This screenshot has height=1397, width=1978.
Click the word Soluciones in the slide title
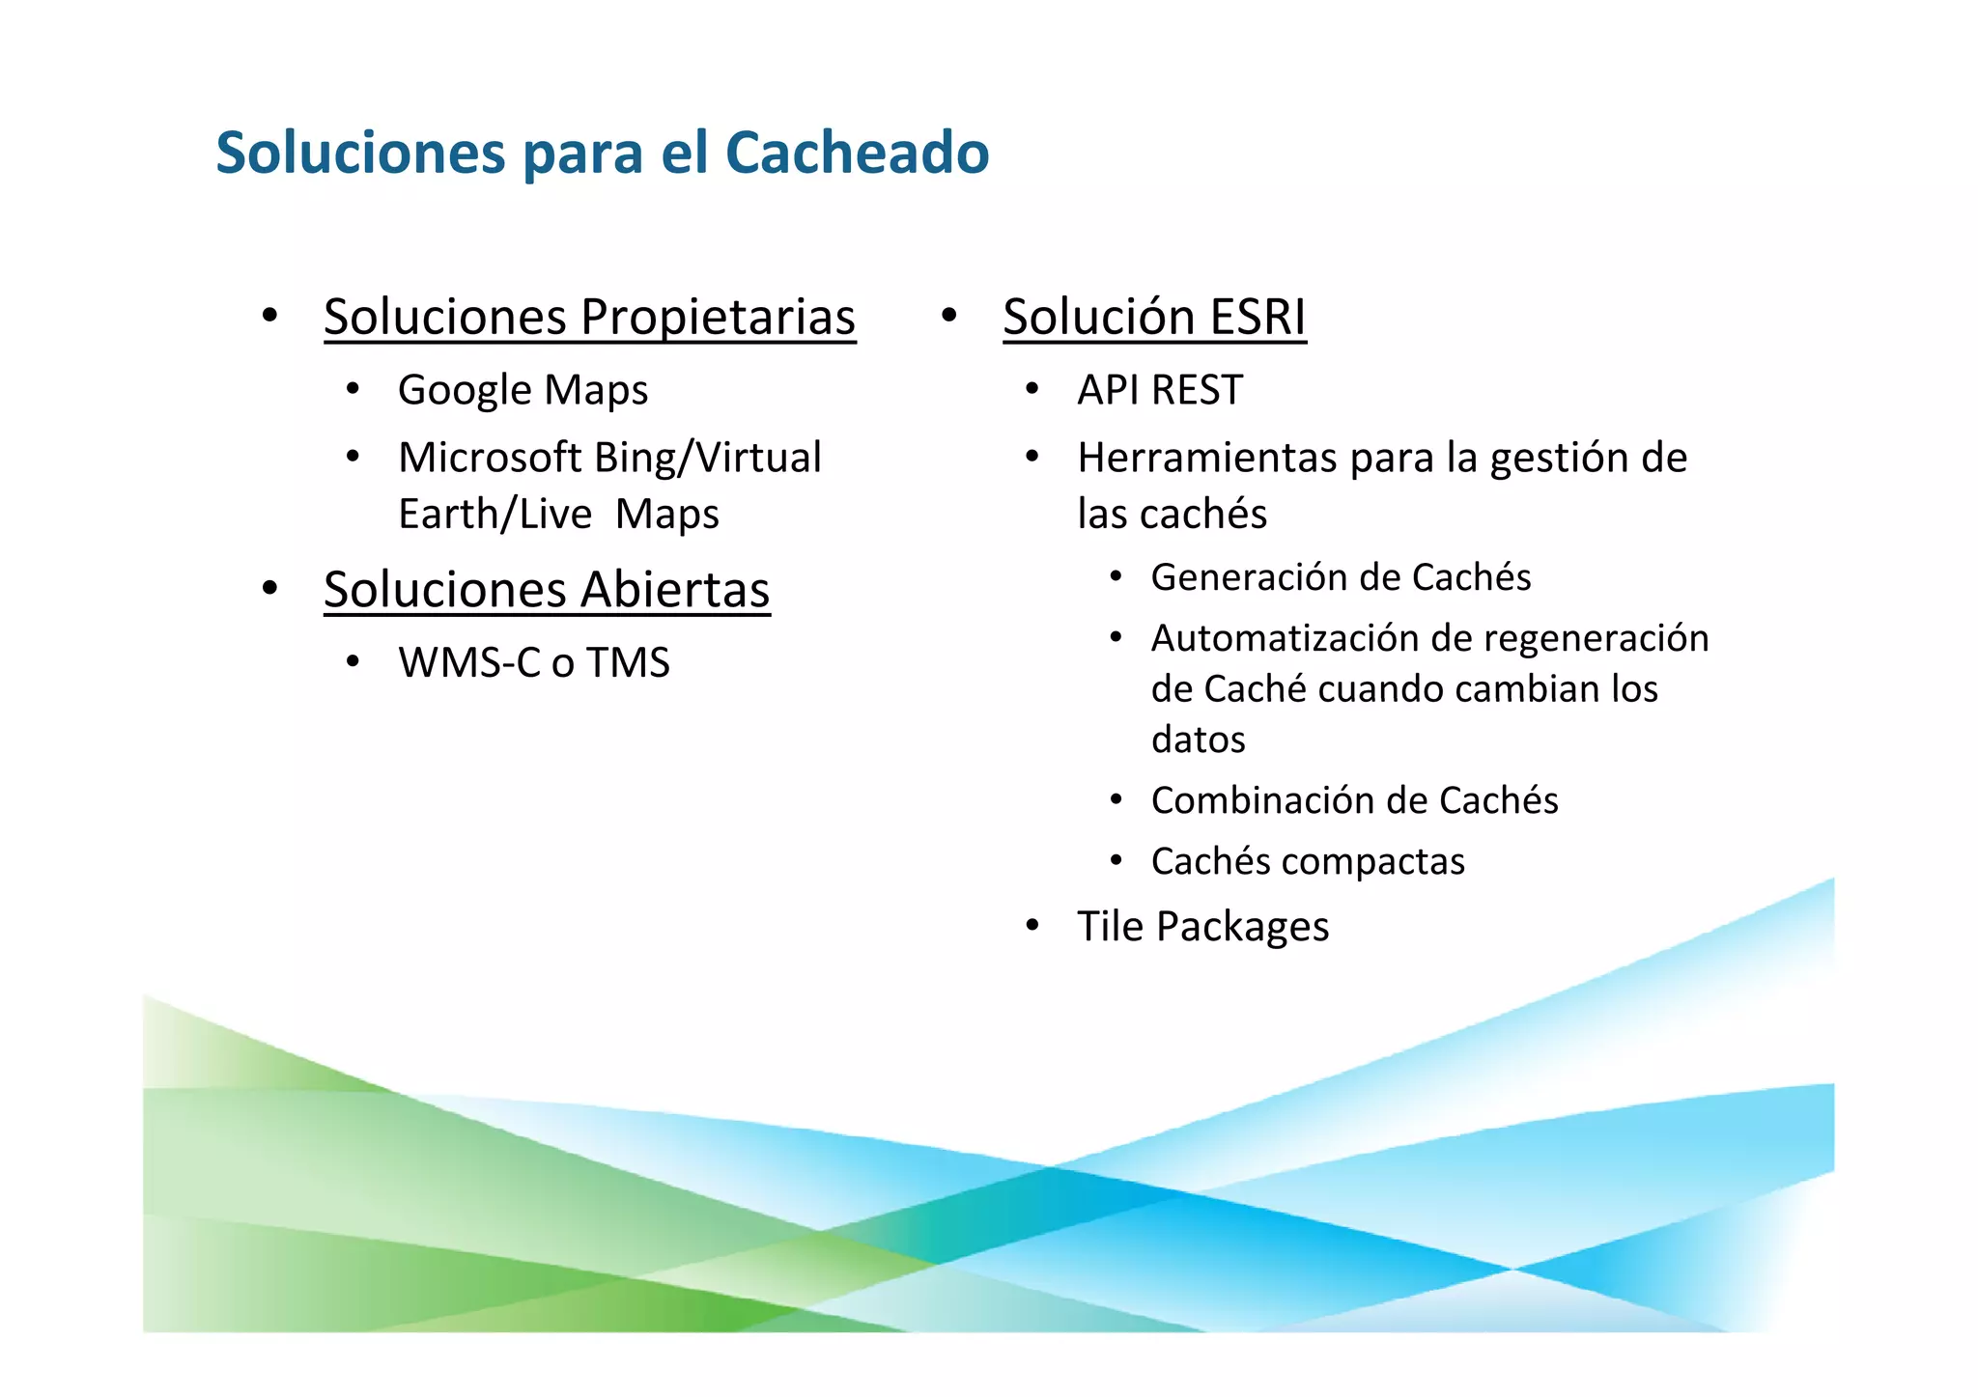point(360,153)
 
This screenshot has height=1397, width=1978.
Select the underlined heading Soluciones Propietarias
point(589,317)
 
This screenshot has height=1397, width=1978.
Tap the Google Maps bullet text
point(523,390)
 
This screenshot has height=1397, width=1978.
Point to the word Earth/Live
point(494,514)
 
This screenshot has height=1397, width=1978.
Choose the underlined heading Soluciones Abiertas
point(547,589)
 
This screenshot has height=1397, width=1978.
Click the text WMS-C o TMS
point(533,662)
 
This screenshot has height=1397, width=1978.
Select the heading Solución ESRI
point(1154,317)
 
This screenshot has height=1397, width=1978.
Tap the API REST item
point(1160,390)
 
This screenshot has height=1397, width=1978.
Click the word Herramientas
point(1206,458)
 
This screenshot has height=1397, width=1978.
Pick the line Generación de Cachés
point(1341,577)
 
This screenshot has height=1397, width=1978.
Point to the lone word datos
point(1198,740)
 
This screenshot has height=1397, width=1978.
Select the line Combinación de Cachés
point(1354,800)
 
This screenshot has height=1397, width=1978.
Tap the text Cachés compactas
point(1308,861)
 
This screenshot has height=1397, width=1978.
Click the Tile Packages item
point(1202,926)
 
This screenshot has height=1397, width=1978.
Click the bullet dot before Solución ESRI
point(948,315)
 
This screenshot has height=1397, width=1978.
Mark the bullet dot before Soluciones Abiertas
point(269,587)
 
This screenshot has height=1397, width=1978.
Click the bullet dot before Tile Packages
point(1032,926)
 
